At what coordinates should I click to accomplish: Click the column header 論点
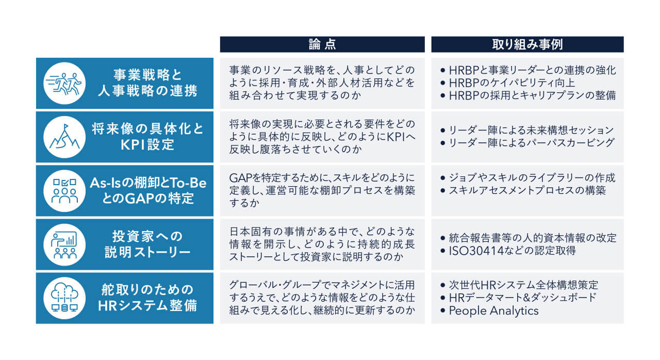pyautogui.click(x=322, y=44)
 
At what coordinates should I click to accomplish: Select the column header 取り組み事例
pyautogui.click(x=527, y=44)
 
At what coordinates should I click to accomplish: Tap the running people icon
pyautogui.click(x=64, y=84)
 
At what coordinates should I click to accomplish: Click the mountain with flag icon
pyautogui.click(x=64, y=137)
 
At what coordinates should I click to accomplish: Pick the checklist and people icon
pyautogui.click(x=64, y=191)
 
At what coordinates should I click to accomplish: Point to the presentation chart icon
pyautogui.click(x=64, y=244)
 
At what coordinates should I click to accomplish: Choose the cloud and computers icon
pyautogui.click(x=64, y=298)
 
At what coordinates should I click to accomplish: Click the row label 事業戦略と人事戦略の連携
pyautogui.click(x=147, y=83)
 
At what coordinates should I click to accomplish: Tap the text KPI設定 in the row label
pyautogui.click(x=147, y=144)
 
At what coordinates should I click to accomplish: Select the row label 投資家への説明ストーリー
pyautogui.click(x=147, y=244)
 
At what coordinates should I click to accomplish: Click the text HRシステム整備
pyautogui.click(x=147, y=305)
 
